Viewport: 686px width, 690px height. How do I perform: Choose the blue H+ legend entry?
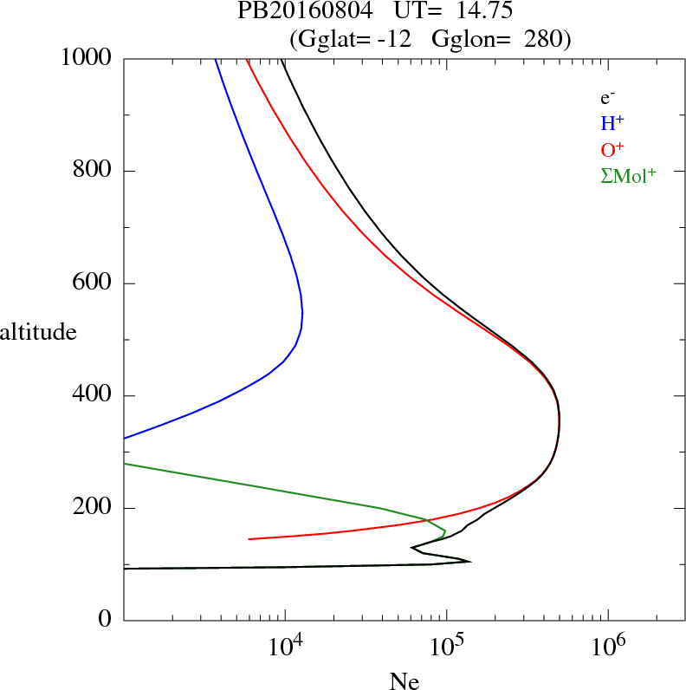[613, 123]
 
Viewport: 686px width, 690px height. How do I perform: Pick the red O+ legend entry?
[613, 148]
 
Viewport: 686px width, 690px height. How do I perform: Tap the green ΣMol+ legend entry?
[628, 174]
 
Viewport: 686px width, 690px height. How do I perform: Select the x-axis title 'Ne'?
[404, 681]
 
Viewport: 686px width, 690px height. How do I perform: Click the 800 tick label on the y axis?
[93, 171]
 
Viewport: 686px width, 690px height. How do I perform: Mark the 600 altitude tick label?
[93, 283]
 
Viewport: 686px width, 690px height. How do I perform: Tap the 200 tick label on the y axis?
[93, 508]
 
